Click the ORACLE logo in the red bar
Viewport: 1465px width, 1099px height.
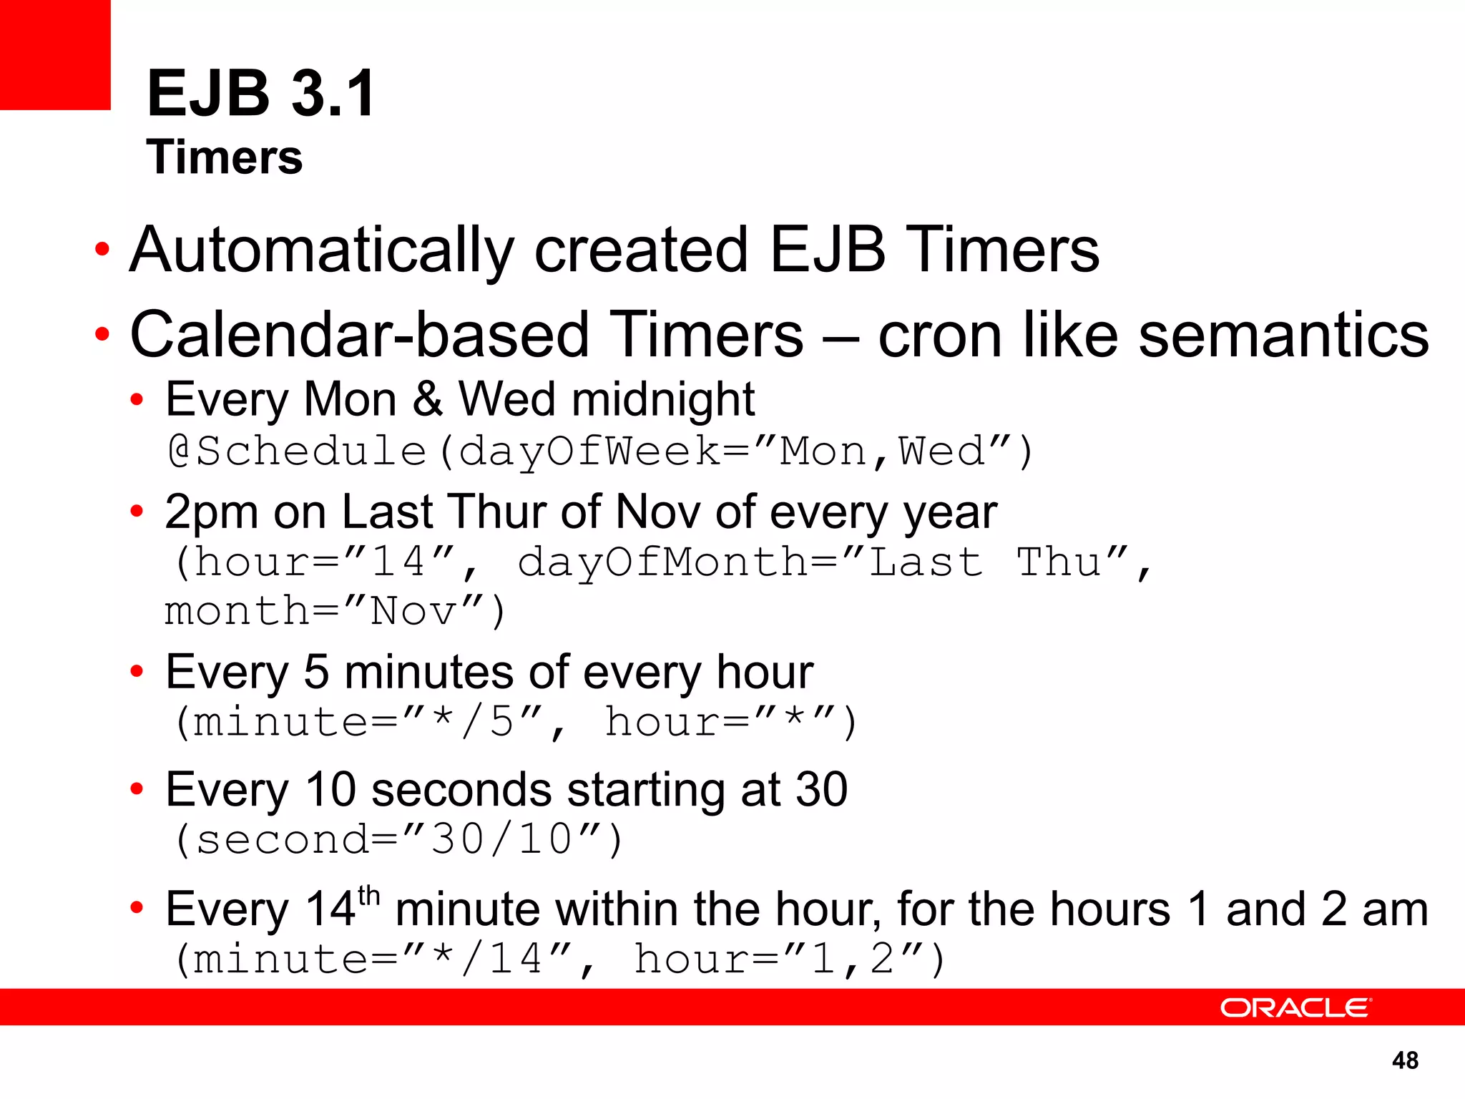[x=1295, y=1007]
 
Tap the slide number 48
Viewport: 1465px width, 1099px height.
[x=1405, y=1060]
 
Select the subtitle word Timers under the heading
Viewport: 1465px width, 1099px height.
[x=225, y=157]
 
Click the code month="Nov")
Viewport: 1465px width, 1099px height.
[x=335, y=612]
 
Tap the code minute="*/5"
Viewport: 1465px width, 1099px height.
[x=361, y=722]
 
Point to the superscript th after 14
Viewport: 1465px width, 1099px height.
[x=368, y=896]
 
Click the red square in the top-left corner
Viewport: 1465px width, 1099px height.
[x=55, y=54]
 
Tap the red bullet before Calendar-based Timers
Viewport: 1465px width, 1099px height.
[x=103, y=333]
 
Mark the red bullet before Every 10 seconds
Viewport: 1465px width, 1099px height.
[x=137, y=790]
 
